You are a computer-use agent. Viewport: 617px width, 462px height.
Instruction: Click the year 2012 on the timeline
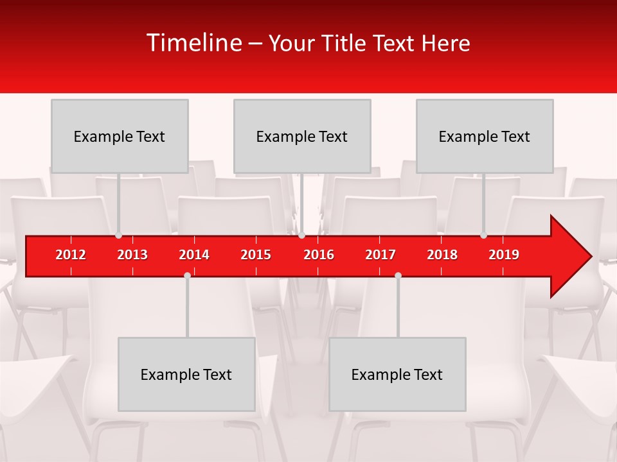(x=71, y=255)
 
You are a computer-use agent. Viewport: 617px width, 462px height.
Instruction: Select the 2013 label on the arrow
(x=132, y=255)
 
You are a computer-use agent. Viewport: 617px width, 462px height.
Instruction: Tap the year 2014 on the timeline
(x=194, y=255)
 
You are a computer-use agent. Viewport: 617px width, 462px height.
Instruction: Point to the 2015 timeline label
(x=256, y=255)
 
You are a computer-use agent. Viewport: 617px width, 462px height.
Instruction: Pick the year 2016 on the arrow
(x=319, y=255)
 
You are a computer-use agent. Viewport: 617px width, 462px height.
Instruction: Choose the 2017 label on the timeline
(x=380, y=255)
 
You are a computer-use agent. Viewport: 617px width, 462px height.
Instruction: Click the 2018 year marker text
(x=442, y=255)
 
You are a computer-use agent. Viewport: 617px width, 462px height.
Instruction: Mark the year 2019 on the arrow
(x=504, y=255)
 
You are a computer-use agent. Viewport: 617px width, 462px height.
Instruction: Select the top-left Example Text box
(x=120, y=136)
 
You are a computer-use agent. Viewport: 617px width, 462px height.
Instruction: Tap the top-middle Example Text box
(x=302, y=136)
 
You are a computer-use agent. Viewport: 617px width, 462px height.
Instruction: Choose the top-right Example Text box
(x=485, y=136)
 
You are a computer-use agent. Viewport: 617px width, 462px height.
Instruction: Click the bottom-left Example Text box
(x=186, y=374)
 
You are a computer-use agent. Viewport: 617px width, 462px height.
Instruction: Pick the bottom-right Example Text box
(x=397, y=374)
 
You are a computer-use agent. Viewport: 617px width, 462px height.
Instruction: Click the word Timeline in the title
(x=193, y=43)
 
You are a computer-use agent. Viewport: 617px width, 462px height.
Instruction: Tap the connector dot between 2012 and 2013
(x=118, y=235)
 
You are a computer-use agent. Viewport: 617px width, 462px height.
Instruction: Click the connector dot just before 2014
(x=187, y=275)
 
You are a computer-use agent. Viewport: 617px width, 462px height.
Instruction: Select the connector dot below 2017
(x=398, y=275)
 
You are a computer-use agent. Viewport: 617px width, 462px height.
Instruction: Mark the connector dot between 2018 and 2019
(x=483, y=235)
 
